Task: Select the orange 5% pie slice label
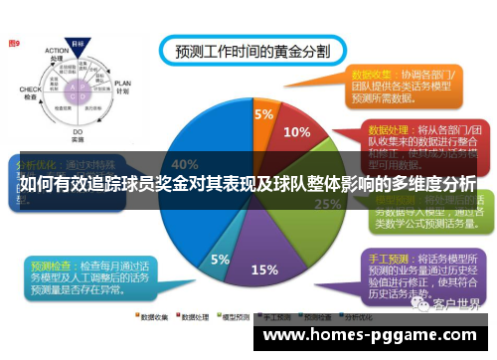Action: point(263,114)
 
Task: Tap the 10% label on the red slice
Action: point(296,131)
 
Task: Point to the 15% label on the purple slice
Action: point(264,270)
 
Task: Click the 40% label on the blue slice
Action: point(184,164)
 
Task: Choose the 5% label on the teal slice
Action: point(220,259)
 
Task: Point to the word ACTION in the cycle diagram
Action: point(56,55)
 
